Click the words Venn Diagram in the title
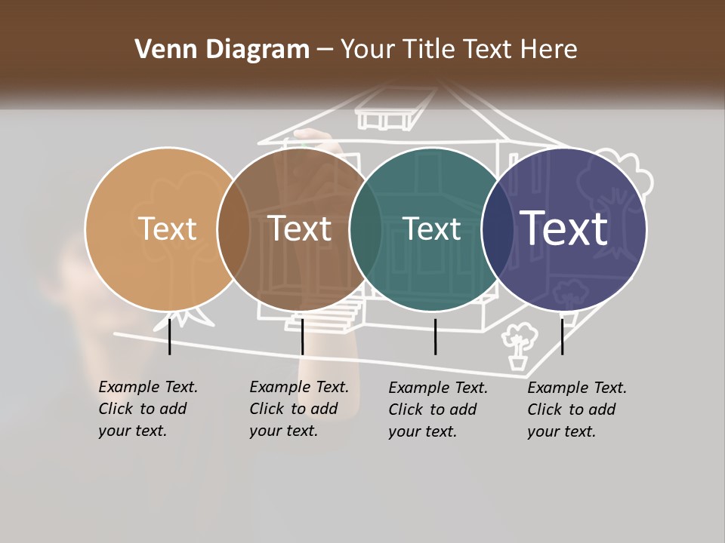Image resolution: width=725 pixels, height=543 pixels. [222, 50]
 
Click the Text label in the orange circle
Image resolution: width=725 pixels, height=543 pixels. [168, 229]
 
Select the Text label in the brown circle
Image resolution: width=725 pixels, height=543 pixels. [300, 229]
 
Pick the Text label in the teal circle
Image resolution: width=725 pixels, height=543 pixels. [432, 229]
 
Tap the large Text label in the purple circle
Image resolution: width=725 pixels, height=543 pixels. [564, 228]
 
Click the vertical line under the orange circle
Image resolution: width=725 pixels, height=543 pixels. [170, 336]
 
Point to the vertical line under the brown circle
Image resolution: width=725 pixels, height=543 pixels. [302, 336]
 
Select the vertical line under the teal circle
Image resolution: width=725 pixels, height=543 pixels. [435, 336]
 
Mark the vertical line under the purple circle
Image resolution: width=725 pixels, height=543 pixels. [563, 336]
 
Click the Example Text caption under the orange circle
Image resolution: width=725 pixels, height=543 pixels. [148, 409]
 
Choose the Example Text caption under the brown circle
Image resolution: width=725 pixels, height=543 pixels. [299, 409]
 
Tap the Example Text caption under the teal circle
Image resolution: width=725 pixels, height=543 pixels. [438, 410]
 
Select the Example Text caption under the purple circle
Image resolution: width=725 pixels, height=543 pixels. [577, 410]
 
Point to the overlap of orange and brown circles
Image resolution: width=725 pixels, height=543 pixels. [233, 229]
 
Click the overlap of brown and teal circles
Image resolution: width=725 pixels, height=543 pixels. [366, 229]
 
